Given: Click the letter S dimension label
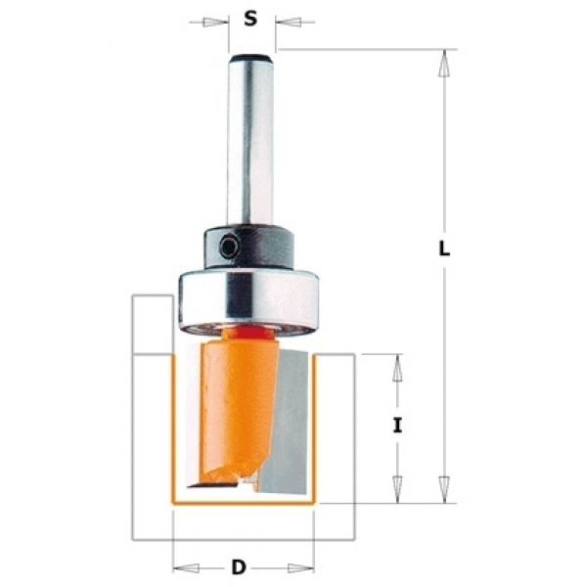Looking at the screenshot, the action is click(x=250, y=18).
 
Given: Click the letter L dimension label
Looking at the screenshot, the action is click(x=444, y=248).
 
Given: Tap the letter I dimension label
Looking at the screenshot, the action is click(x=397, y=426).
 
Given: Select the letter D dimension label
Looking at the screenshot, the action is click(x=239, y=567).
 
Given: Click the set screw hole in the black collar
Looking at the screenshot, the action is click(x=228, y=247).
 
